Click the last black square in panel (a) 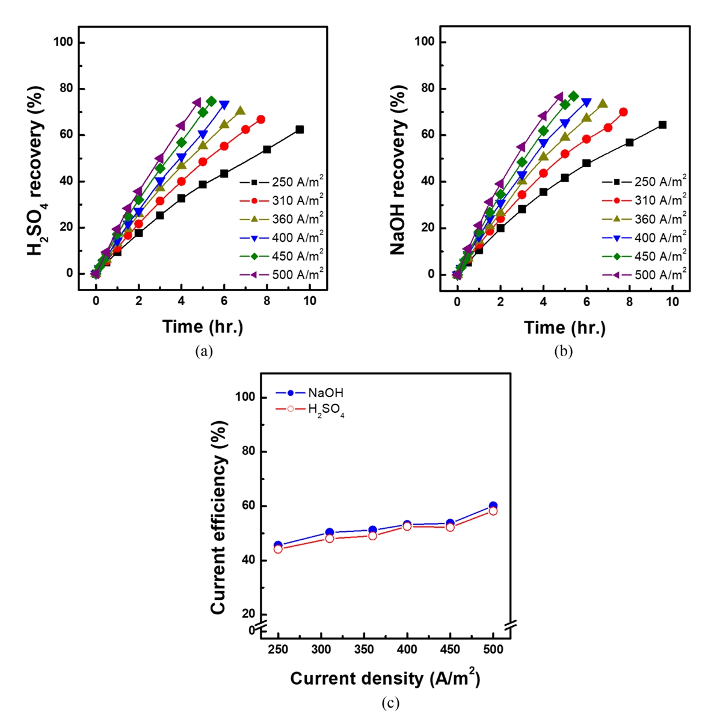(300, 129)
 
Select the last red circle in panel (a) (260, 120)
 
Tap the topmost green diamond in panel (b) (573, 96)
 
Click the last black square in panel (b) (662, 125)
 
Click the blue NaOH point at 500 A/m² (493, 506)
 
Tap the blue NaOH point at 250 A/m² (278, 545)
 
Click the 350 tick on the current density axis (364, 649)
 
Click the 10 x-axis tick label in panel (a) (310, 301)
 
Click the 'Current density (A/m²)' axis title (385, 678)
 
